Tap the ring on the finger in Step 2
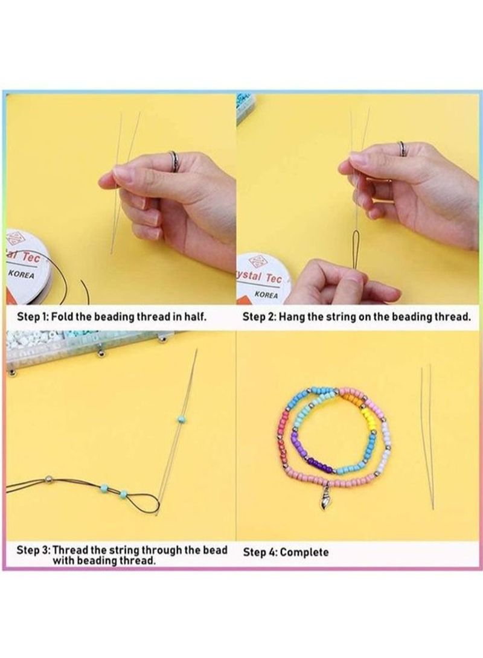point(401,149)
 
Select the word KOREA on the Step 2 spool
point(266,295)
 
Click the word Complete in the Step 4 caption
point(305,552)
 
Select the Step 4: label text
point(260,552)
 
